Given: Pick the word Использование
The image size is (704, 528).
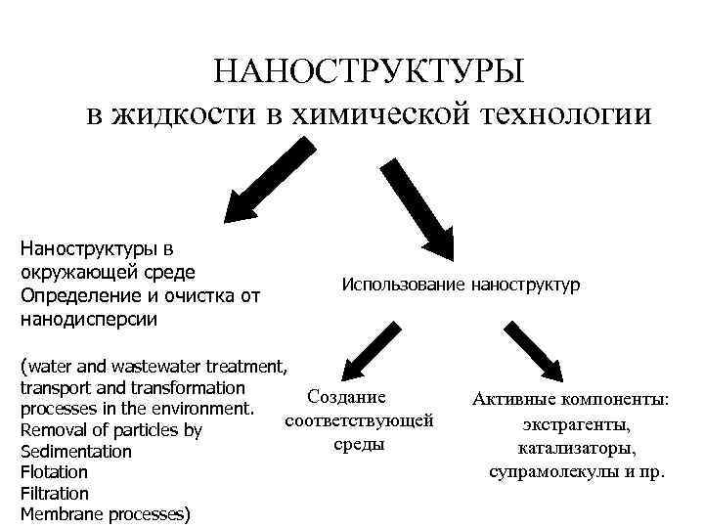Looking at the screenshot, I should [x=404, y=285].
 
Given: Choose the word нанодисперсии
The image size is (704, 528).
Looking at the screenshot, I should [x=88, y=319].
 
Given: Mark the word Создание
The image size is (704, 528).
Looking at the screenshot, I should [x=346, y=398].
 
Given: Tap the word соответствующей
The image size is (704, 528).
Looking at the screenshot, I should [x=359, y=421].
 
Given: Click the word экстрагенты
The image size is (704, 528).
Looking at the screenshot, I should [x=576, y=424].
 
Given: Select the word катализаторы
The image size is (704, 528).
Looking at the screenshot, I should [x=577, y=448].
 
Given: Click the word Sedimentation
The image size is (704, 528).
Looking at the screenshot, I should [x=75, y=452].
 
